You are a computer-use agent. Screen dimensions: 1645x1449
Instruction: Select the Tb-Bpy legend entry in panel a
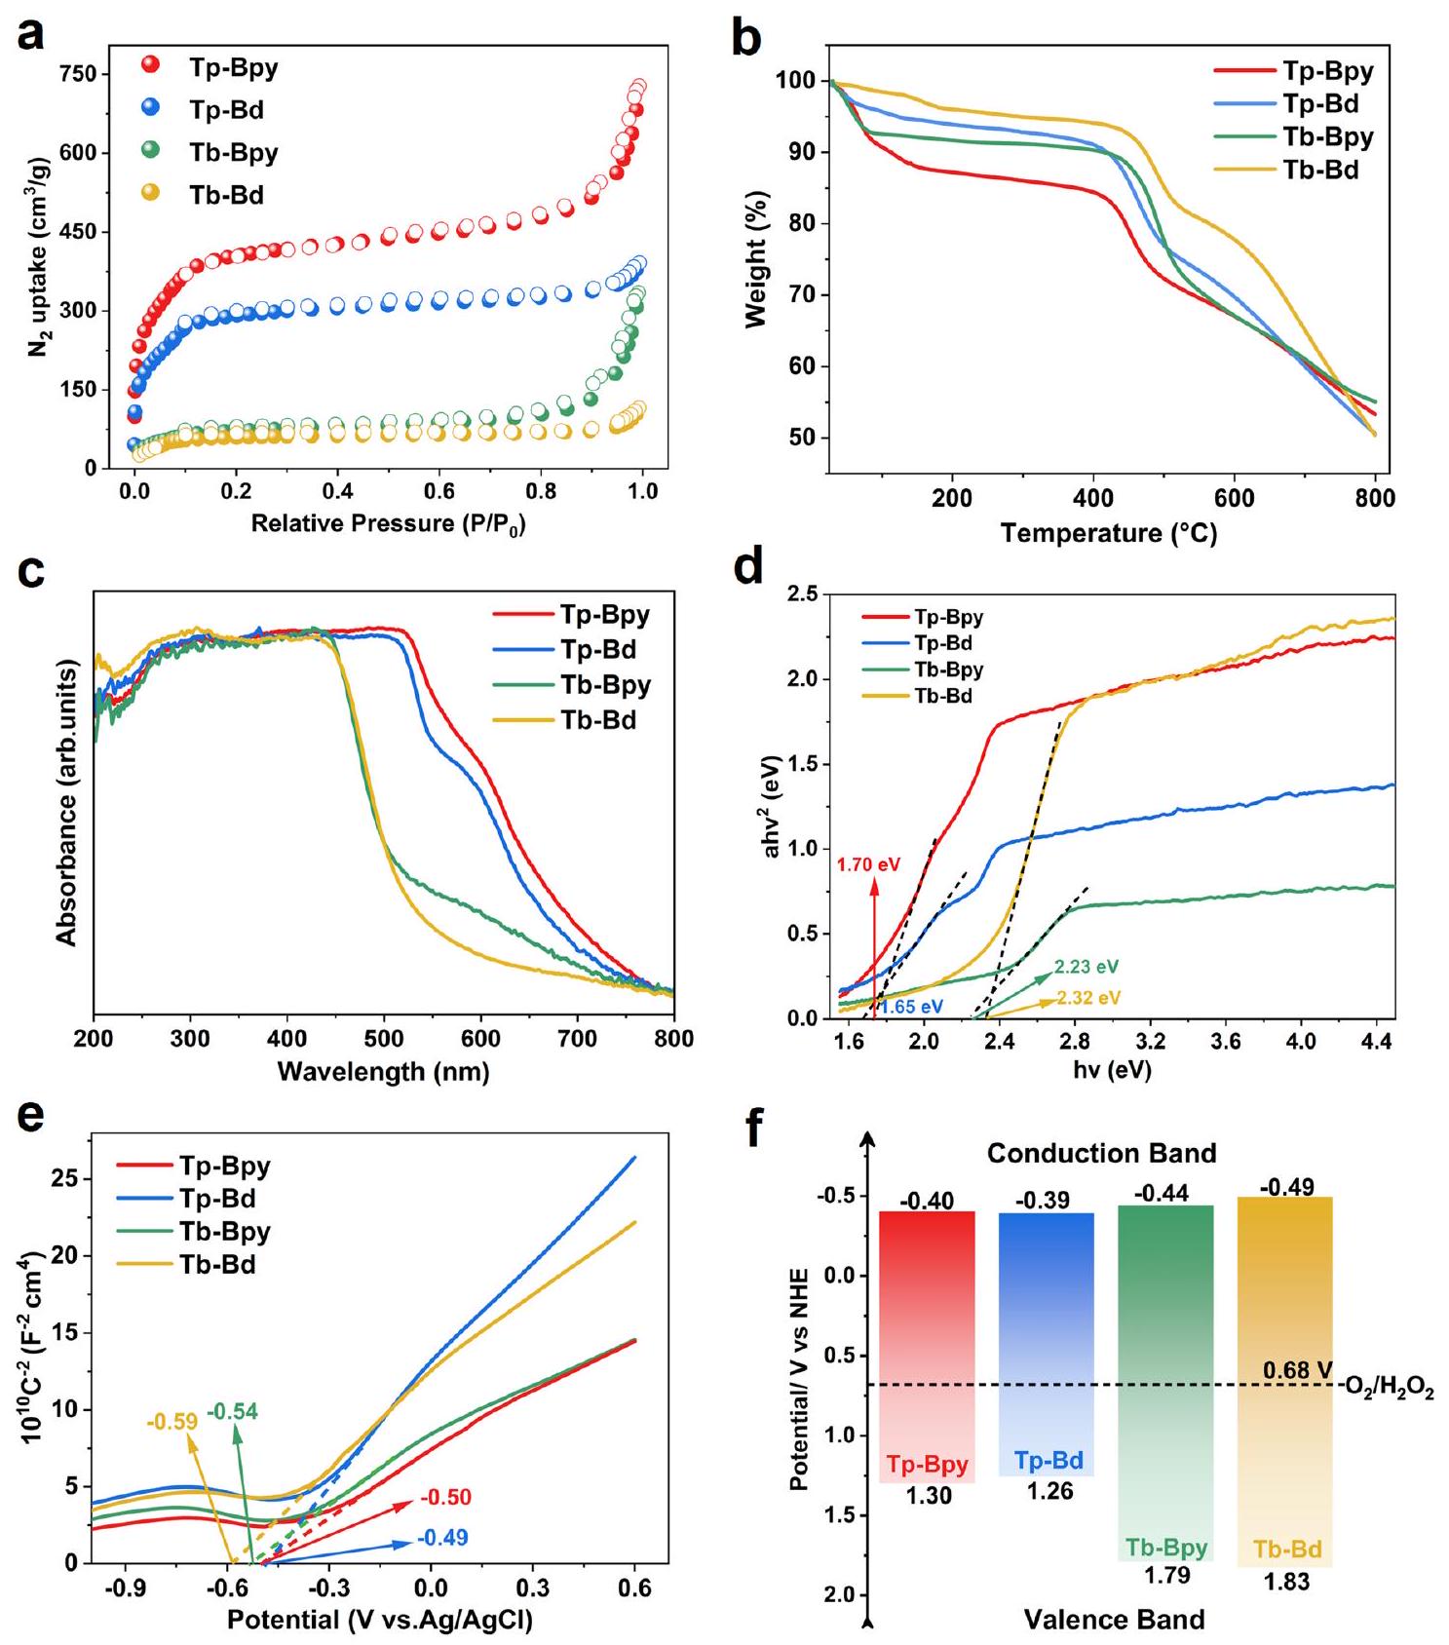(233, 153)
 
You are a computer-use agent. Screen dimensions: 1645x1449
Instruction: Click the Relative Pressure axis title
(388, 524)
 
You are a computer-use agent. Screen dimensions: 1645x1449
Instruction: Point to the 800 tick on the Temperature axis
(1375, 499)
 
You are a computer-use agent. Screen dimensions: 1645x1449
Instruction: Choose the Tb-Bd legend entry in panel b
(1320, 170)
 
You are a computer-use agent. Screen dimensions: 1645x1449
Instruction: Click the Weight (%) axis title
(757, 259)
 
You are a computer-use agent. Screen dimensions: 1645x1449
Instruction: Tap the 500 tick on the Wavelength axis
(384, 1039)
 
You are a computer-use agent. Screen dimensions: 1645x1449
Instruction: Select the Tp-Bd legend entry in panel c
(597, 650)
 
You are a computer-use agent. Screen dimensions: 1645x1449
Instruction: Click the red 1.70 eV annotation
(868, 864)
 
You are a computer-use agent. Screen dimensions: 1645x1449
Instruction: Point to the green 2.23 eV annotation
(1086, 967)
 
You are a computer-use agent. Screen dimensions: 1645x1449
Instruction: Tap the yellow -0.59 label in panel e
(172, 1422)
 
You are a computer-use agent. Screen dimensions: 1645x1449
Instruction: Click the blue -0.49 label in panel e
(442, 1538)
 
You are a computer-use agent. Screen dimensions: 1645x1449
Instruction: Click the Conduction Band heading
(1101, 1154)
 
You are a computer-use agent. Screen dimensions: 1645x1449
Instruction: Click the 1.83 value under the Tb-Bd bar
(1286, 1583)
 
